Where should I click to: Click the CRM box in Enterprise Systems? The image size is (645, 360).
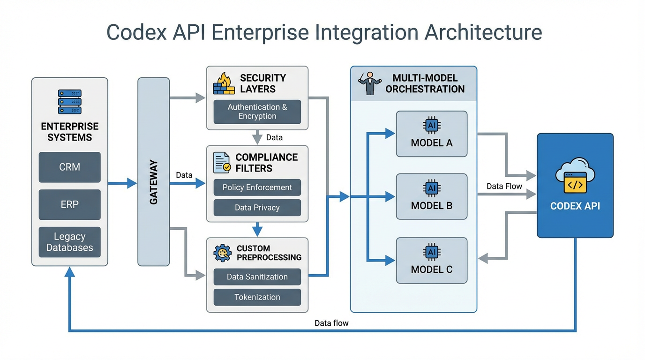pyautogui.click(x=69, y=167)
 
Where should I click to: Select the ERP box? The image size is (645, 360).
pyautogui.click(x=69, y=204)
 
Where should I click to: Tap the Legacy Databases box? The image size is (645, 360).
pyautogui.click(x=69, y=242)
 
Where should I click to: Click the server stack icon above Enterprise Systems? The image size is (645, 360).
pyautogui.click(x=69, y=102)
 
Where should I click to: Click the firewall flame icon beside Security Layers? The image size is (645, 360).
pyautogui.click(x=224, y=84)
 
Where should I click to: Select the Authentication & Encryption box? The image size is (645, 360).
pyautogui.click(x=257, y=112)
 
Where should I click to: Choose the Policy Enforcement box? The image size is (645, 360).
pyautogui.click(x=257, y=187)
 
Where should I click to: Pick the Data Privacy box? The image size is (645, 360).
pyautogui.click(x=257, y=208)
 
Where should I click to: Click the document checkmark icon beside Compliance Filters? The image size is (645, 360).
pyautogui.click(x=222, y=163)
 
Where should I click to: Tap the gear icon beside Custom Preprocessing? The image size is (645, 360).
pyautogui.click(x=222, y=253)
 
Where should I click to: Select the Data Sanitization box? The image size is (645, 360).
pyautogui.click(x=257, y=277)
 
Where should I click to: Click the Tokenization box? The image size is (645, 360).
pyautogui.click(x=257, y=297)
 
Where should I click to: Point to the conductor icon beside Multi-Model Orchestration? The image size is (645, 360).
pyautogui.click(x=369, y=83)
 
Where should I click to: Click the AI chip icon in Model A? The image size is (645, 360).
pyautogui.click(x=431, y=125)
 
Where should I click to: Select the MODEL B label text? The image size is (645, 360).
pyautogui.click(x=431, y=205)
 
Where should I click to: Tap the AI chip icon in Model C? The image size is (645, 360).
pyautogui.click(x=431, y=253)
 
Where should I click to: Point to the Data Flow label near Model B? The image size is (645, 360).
pyautogui.click(x=504, y=186)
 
